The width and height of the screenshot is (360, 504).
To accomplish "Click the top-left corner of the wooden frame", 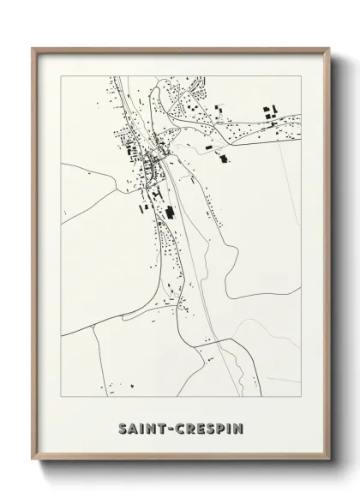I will [x=33, y=48].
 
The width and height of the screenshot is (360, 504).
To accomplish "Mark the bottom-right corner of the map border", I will [x=301, y=394].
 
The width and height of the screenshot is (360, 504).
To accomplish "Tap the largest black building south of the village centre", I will [x=169, y=210].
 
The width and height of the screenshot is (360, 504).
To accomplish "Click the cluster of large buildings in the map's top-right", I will [x=269, y=113].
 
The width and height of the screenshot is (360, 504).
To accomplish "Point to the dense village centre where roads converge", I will [x=156, y=157].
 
